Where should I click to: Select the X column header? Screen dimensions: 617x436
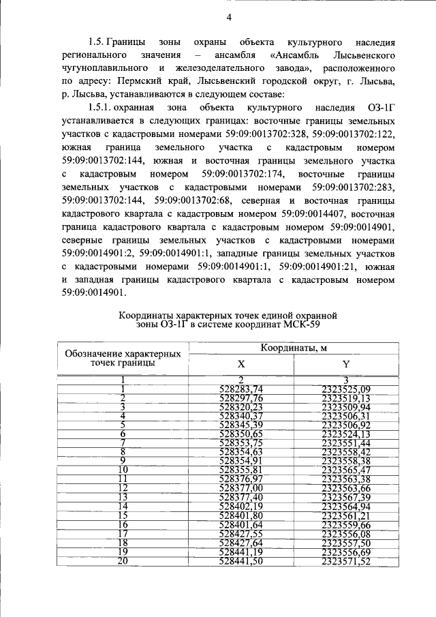pyautogui.click(x=240, y=365)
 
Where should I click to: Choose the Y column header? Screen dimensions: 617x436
pyautogui.click(x=345, y=365)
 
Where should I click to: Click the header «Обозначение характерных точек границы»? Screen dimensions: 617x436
pyautogui.click(x=123, y=359)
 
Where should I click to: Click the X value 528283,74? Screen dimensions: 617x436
pyautogui.click(x=241, y=389)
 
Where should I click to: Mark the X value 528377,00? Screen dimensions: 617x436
pyautogui.click(x=241, y=488)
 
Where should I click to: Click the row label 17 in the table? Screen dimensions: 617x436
pyautogui.click(x=123, y=533)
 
